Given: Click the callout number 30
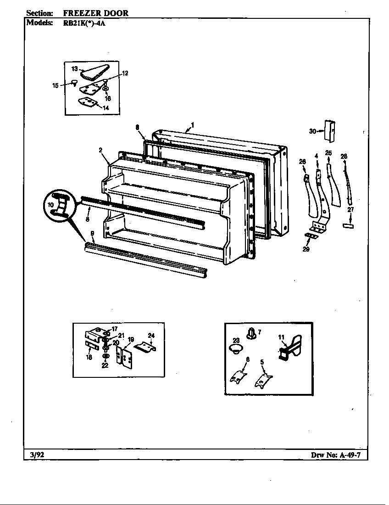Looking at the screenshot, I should (312, 131).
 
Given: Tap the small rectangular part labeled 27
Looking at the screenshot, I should (349, 226).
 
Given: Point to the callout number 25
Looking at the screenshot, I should (328, 153).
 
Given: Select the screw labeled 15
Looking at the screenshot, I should (73, 83).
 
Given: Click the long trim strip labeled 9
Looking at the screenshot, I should (147, 262).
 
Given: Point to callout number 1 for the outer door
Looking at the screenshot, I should (193, 124).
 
